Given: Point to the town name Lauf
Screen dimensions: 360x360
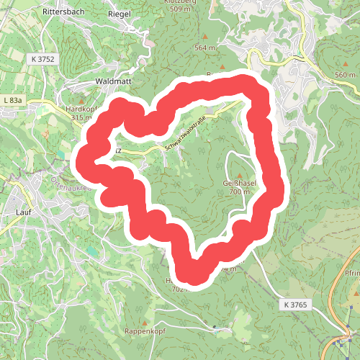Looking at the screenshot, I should (24, 212).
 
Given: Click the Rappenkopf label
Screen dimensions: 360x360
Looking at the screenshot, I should (145, 333).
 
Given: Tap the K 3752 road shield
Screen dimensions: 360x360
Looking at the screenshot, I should (44, 59).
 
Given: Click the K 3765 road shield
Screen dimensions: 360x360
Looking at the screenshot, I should (295, 305).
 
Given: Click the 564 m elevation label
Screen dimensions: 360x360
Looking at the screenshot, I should (205, 48).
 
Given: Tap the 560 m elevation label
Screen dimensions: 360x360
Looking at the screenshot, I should (345, 75).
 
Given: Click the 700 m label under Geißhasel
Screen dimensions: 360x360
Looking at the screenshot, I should (236, 192).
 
